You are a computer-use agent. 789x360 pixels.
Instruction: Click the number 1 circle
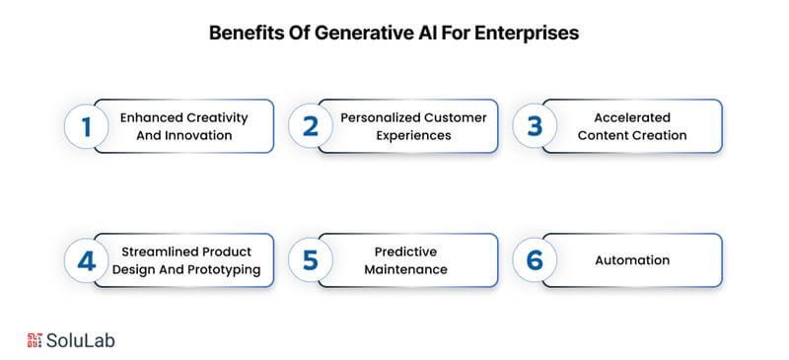coord(85,126)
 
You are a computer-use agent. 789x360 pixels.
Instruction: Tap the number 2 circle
coord(310,126)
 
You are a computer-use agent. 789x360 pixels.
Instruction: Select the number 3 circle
coord(535,126)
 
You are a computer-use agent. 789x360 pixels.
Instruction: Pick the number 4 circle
coord(85,260)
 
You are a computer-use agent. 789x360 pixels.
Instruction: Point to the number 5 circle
coord(310,260)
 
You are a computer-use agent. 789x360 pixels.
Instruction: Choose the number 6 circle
coord(535,260)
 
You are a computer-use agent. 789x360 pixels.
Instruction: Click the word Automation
coord(632,260)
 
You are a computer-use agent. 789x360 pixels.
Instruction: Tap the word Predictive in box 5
coord(406,252)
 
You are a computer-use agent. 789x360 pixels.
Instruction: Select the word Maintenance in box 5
coord(406,269)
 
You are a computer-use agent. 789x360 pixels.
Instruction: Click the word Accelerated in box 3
coord(632,117)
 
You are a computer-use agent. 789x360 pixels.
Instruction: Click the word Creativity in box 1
coord(214,117)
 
